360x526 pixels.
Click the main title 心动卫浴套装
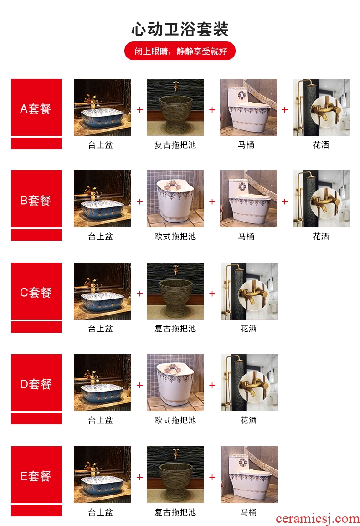click(x=180, y=29)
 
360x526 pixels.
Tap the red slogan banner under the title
click(x=180, y=51)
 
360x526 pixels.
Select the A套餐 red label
click(x=36, y=108)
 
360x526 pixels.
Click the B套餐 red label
click(x=36, y=199)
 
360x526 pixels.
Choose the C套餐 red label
click(x=36, y=291)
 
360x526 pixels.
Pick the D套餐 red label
click(x=36, y=382)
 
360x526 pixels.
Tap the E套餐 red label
click(x=36, y=474)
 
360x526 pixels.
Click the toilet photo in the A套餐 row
click(x=249, y=108)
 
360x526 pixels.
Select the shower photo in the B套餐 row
click(x=321, y=199)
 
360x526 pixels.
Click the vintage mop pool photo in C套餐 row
click(x=175, y=291)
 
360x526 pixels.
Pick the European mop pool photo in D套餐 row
click(x=175, y=382)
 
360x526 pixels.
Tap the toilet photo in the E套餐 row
click(x=249, y=474)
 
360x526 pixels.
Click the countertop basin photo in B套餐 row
click(x=103, y=199)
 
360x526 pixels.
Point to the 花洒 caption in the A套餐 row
click(x=321, y=145)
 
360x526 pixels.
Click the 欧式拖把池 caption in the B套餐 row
click(x=175, y=237)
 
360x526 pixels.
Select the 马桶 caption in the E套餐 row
click(x=249, y=512)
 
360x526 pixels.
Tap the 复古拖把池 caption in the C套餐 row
click(x=175, y=329)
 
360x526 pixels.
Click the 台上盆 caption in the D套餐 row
click(x=100, y=420)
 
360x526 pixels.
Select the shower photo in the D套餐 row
click(x=249, y=382)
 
